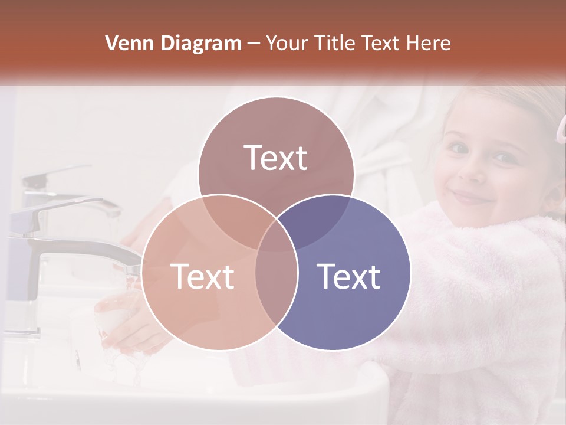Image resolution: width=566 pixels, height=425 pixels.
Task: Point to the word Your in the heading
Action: pos(286,43)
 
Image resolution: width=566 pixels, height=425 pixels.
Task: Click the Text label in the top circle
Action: pos(276,158)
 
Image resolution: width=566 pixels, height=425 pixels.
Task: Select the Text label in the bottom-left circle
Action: pos(202,276)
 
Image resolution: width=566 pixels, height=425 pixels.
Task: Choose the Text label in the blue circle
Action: pos(348,276)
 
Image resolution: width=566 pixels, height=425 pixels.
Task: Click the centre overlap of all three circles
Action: pos(276,235)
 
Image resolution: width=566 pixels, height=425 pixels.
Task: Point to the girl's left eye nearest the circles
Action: pos(458,147)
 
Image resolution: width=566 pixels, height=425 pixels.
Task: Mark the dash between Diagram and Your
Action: pos(253,44)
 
